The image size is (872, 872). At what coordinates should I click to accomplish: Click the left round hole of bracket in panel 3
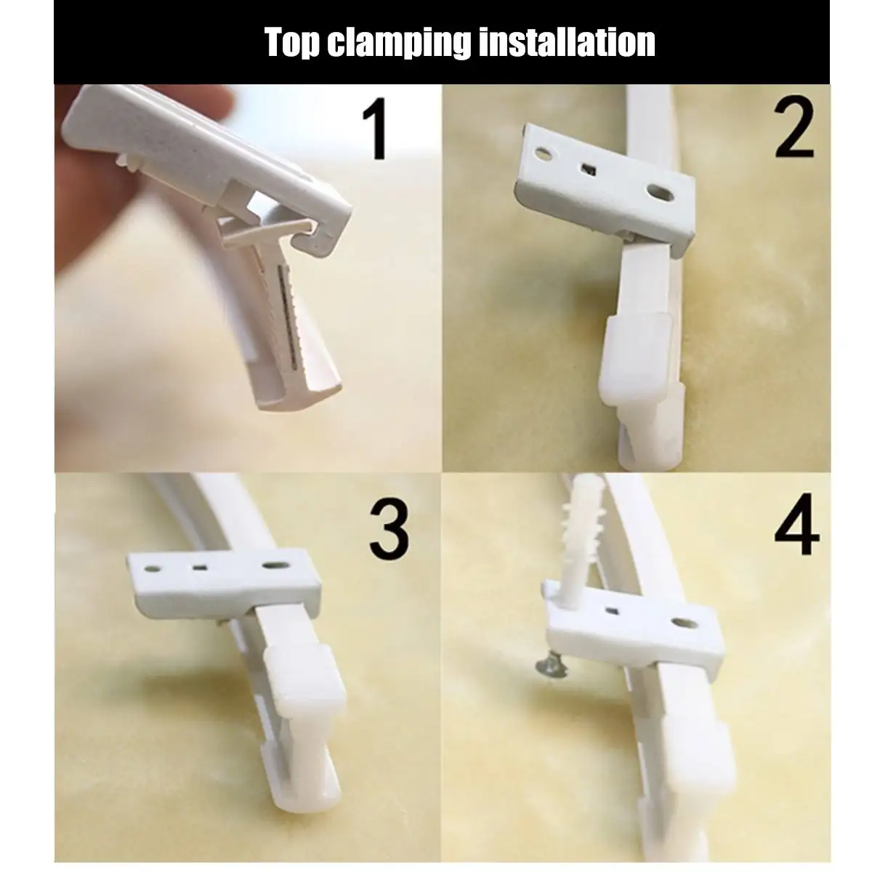click(x=152, y=563)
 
